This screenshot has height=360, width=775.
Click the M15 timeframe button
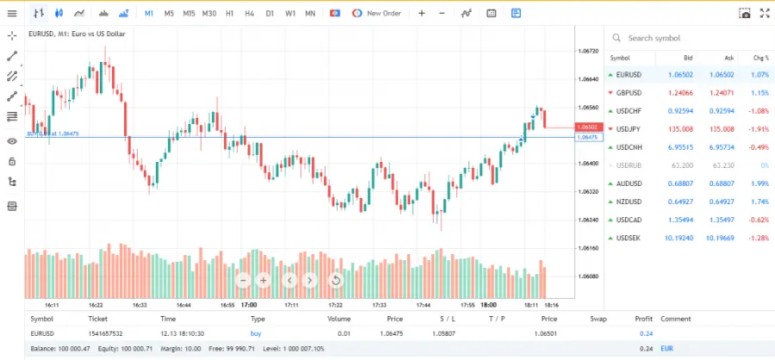coord(189,14)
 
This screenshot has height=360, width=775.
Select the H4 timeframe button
coord(250,14)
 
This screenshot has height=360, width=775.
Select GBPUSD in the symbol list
coord(629,93)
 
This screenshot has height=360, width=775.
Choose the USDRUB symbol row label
coord(629,165)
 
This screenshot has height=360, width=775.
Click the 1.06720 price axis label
coord(589,52)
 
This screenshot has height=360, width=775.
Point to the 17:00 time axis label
coord(249,305)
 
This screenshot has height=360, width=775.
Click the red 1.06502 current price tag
coord(589,127)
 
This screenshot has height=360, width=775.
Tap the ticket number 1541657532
coord(105,332)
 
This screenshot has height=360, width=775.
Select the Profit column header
coord(643,319)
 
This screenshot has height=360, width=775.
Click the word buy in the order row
coord(256,332)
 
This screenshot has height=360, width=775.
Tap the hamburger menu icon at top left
coord(12,14)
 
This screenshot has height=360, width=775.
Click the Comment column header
coord(676,319)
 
